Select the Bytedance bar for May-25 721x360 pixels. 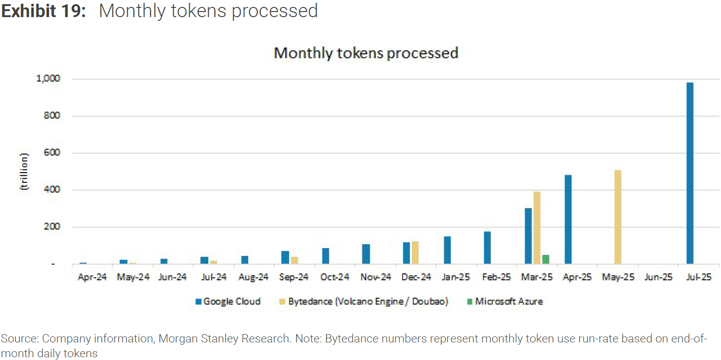tap(617, 217)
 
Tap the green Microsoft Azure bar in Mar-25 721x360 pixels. tap(546, 260)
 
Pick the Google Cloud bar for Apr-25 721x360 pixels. tap(568, 219)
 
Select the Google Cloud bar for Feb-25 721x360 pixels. tap(487, 248)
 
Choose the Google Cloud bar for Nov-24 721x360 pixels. tap(366, 254)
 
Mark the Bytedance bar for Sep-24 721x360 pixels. tap(294, 260)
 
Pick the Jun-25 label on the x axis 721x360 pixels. tap(658, 277)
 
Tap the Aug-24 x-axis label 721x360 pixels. tap(254, 277)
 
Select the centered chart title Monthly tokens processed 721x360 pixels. tap(366, 53)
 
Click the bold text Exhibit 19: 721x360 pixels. tap(44, 11)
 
